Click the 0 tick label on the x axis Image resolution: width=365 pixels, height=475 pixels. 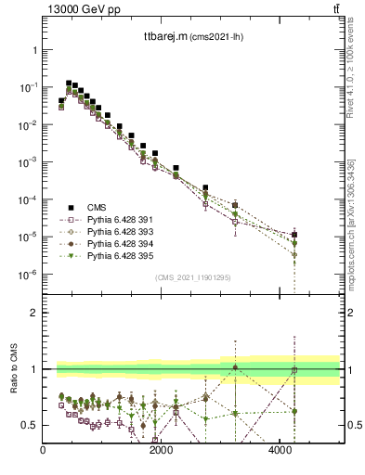pyautogui.click(x=44, y=451)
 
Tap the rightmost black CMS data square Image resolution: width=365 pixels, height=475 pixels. pyautogui.click(x=294, y=235)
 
